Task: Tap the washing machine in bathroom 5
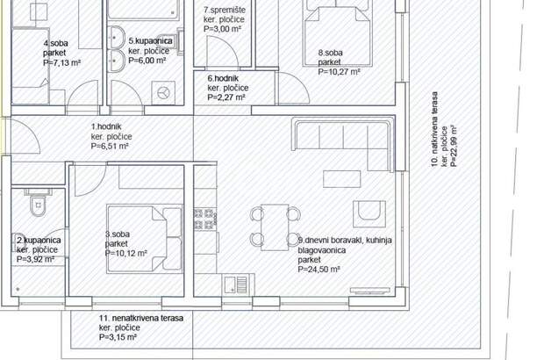[163, 93]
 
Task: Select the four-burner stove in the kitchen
[204, 219]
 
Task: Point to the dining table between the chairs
[275, 227]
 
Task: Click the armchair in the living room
[369, 213]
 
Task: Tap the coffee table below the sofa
[341, 179]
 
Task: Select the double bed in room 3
[144, 238]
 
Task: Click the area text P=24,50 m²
[319, 270]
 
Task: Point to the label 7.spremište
[225, 10]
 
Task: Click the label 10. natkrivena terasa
[434, 129]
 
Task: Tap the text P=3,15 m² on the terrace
[118, 337]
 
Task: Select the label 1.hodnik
[106, 126]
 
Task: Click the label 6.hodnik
[223, 78]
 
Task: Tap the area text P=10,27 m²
[339, 72]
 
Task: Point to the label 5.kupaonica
[150, 41]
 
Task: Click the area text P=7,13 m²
[61, 63]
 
